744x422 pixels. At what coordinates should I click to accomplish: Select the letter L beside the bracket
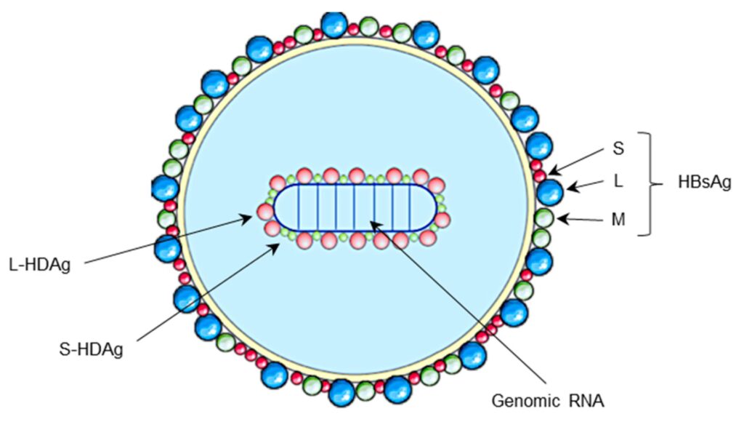click(618, 182)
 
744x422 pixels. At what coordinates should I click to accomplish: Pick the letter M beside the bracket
click(618, 219)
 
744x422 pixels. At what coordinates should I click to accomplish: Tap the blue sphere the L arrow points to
click(549, 193)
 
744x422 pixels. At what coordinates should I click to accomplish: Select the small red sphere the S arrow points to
click(540, 175)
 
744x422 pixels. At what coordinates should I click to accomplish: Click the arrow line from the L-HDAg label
click(167, 240)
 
